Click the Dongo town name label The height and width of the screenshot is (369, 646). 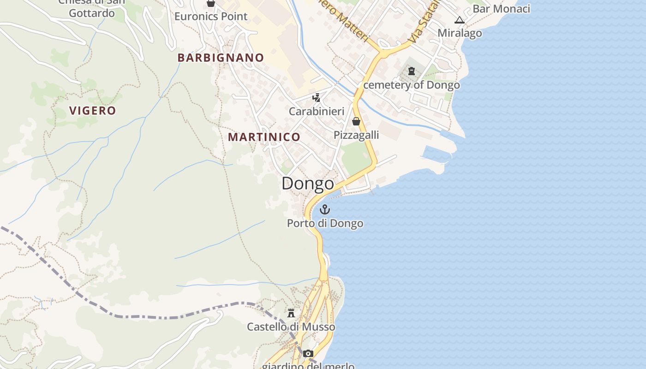click(x=308, y=184)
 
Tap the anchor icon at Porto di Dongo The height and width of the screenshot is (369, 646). click(x=325, y=210)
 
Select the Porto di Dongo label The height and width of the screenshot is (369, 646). click(x=325, y=223)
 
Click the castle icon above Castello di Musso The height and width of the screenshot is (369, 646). click(x=291, y=313)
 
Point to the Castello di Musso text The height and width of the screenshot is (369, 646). click(x=291, y=327)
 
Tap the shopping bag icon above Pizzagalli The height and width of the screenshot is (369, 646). click(x=356, y=121)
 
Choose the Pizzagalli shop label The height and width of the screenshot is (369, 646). click(x=356, y=135)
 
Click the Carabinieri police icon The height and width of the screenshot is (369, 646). click(x=317, y=97)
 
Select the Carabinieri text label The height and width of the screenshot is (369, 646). click(x=317, y=111)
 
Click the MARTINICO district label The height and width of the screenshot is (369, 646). click(x=264, y=137)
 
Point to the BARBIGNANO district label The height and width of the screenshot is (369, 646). click(x=221, y=58)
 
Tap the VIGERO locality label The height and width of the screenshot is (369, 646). click(x=92, y=111)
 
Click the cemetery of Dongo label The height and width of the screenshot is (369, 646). click(x=412, y=85)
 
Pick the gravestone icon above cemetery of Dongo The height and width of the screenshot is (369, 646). click(x=412, y=71)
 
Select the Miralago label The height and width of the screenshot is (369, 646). click(x=460, y=33)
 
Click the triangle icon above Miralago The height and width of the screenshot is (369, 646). click(x=459, y=20)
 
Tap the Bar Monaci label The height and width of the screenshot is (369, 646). click(x=501, y=9)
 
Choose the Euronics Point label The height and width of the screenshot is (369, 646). click(x=211, y=17)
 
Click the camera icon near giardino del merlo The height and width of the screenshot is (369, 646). click(x=308, y=354)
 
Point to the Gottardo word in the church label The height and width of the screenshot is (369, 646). click(x=92, y=13)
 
